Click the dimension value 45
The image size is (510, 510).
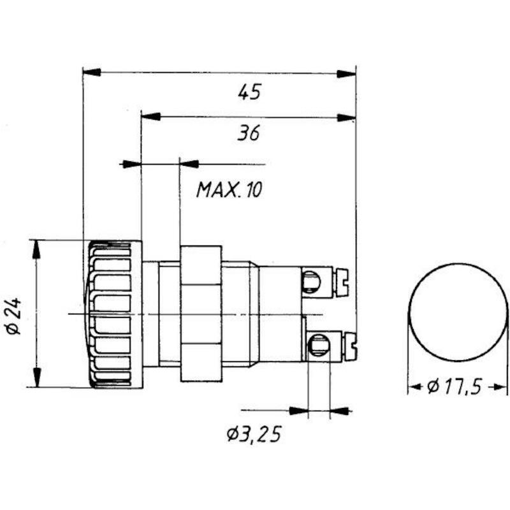pos(249,92)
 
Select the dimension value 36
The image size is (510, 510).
pos(249,133)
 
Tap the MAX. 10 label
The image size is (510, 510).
pos(229,189)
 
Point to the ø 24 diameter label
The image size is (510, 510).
pos(14,316)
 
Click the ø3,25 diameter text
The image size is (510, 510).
pos(254,435)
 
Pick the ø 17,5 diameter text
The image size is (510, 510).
pos(454,387)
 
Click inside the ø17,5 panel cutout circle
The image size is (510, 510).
pos(458,312)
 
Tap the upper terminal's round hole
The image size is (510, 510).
pos(311,281)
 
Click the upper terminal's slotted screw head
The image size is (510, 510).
pos(342,282)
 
